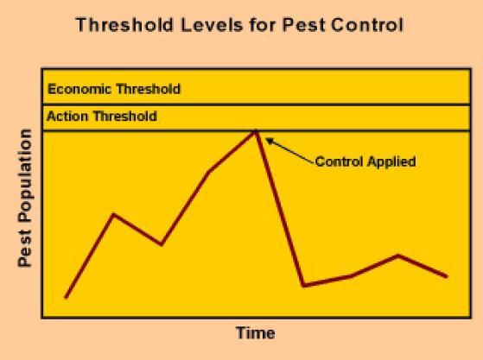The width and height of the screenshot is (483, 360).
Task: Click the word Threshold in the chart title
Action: (124, 25)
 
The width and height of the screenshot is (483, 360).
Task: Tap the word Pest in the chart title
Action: (304, 25)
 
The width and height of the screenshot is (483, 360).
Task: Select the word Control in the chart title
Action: (367, 25)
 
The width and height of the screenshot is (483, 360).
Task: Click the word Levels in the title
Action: (212, 25)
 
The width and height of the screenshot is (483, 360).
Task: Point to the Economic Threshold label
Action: (114, 89)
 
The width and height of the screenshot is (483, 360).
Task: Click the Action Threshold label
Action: (102, 117)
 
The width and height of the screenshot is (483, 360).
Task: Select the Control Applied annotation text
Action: (365, 161)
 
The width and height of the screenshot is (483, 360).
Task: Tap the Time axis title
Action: (256, 333)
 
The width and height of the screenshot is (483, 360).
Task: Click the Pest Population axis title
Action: (25, 199)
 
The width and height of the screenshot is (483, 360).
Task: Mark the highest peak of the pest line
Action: (256, 131)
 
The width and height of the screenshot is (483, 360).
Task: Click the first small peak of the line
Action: (114, 214)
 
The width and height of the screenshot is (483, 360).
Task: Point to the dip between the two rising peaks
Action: (161, 244)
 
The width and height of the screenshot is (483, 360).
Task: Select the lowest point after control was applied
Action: (303, 285)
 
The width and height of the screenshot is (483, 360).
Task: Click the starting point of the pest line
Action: (66, 297)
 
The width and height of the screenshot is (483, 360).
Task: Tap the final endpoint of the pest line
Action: (447, 276)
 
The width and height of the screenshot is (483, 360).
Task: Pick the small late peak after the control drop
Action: (398, 256)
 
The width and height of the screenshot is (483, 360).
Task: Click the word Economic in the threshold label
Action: (79, 89)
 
